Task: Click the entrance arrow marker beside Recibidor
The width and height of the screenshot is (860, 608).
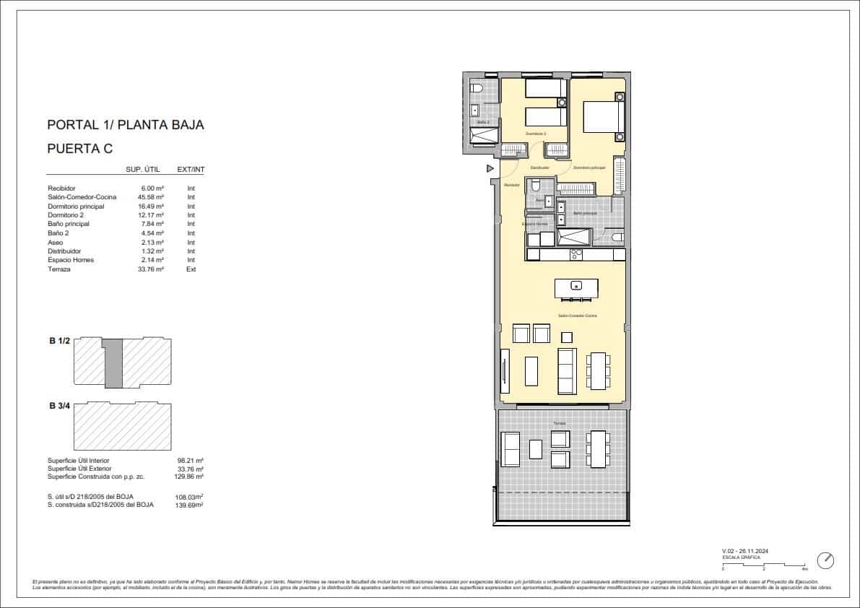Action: coord(490,169)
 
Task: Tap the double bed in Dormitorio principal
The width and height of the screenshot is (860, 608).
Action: coord(601,116)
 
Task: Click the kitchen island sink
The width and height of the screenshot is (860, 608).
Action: coord(576,286)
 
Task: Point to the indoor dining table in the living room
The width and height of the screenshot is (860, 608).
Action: coord(597,372)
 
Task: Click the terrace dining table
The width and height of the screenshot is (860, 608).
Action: coord(597,448)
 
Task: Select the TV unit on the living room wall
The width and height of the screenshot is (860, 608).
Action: coord(505,372)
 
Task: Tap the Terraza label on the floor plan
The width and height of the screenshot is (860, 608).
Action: coord(560,423)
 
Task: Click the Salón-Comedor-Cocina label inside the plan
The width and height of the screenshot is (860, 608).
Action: coord(576,316)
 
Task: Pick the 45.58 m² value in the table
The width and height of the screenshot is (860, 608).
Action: coord(152,197)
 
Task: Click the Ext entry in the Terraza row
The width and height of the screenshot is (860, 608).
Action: coord(191,269)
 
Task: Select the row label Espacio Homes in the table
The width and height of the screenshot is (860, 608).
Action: coord(71,260)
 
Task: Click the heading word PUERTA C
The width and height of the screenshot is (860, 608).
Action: coord(80,149)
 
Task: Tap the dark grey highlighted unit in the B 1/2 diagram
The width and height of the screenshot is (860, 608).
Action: coord(113,363)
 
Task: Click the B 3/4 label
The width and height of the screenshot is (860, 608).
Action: coord(59,407)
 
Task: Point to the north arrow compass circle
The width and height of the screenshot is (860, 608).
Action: coord(826,560)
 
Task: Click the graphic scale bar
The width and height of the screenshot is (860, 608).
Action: coord(763,564)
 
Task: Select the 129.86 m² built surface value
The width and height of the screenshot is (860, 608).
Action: coord(190,477)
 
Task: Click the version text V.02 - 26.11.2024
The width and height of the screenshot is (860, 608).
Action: coord(745,551)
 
